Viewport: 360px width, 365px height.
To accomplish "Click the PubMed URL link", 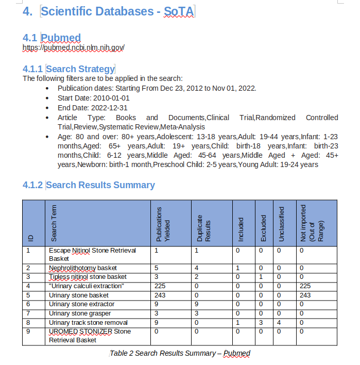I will [74, 48].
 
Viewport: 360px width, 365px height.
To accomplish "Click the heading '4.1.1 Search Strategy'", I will [68, 69].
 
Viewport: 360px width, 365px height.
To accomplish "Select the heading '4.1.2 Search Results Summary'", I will [89, 185].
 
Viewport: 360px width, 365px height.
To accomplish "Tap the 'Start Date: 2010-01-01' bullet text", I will [93, 98].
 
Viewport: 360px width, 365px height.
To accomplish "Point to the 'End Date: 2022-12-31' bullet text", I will [92, 108].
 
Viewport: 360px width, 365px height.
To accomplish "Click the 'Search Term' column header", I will [54, 223].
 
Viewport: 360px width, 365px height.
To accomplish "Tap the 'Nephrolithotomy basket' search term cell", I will [82, 268].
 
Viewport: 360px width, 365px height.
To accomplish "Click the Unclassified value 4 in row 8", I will [280, 322].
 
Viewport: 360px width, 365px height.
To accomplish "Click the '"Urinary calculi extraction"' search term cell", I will [86, 286].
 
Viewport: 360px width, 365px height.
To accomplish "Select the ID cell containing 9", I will [28, 331].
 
